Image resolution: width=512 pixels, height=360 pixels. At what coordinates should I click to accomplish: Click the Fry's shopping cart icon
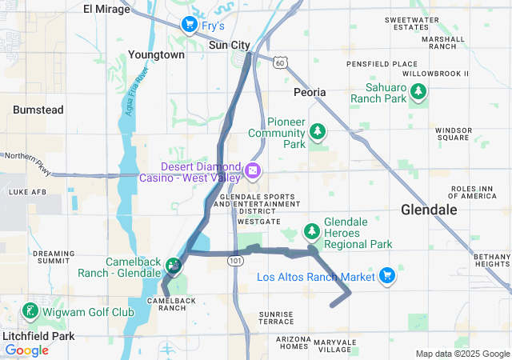(189, 25)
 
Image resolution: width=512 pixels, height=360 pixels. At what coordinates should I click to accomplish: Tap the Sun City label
(230, 46)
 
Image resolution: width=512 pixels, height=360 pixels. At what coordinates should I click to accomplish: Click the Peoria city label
(310, 92)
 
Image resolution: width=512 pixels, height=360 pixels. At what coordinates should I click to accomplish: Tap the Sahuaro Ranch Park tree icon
(418, 94)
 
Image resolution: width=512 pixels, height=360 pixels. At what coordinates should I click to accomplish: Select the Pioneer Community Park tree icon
(318, 130)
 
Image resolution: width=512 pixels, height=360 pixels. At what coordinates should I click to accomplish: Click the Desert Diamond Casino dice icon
(252, 171)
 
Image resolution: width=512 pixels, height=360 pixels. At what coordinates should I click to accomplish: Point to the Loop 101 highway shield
(234, 261)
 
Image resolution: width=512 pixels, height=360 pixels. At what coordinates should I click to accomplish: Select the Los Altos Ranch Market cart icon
(387, 276)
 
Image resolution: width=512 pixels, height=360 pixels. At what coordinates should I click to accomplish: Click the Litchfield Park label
(38, 336)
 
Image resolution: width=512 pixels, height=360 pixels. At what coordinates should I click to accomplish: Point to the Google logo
(26, 350)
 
